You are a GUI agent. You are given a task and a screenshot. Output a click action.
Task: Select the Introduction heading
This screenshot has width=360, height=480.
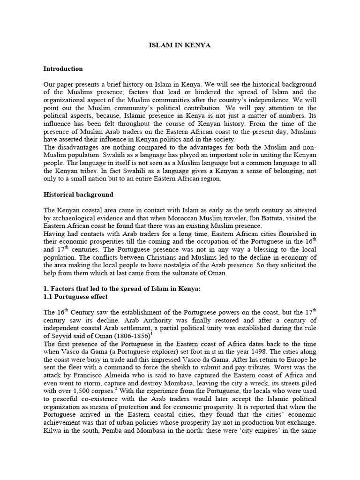63,68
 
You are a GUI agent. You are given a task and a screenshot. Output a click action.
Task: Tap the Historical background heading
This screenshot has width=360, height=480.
78,194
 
